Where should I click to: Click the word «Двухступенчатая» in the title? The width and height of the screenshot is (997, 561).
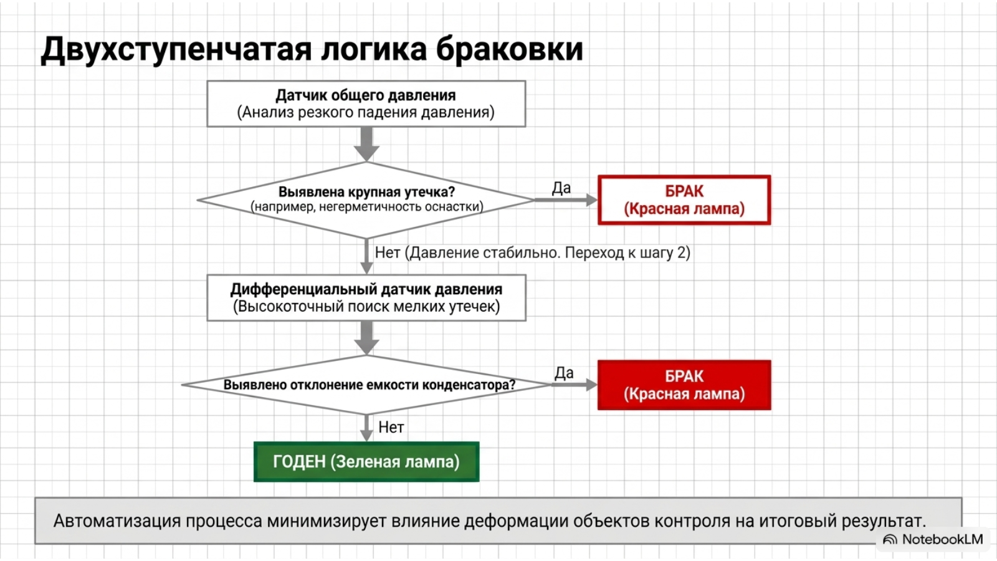pyautogui.click(x=176, y=50)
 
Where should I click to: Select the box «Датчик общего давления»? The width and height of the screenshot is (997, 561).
pyautogui.click(x=366, y=103)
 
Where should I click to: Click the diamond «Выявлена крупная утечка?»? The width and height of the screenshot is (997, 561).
pyautogui.click(x=366, y=200)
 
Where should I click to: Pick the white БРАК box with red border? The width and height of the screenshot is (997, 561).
pyautogui.click(x=684, y=200)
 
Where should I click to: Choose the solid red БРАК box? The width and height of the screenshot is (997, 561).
pyautogui.click(x=684, y=385)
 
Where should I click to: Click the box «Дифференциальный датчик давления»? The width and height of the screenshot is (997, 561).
pyautogui.click(x=366, y=298)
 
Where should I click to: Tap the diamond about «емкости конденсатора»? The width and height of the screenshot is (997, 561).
pyautogui.click(x=366, y=385)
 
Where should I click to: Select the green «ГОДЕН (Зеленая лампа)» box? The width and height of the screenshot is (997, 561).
pyautogui.click(x=366, y=462)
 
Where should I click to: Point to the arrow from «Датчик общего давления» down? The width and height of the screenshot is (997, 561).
pyautogui.click(x=367, y=144)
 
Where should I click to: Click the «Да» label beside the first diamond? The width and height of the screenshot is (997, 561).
pyautogui.click(x=561, y=188)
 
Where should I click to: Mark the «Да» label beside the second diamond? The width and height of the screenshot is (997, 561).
pyautogui.click(x=564, y=373)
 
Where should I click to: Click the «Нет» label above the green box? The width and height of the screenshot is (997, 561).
pyautogui.click(x=391, y=428)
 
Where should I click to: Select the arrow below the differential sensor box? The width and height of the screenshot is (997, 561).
pyautogui.click(x=367, y=338)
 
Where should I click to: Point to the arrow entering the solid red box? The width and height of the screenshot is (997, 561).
pyautogui.click(x=575, y=385)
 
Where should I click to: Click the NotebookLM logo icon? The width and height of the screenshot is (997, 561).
pyautogui.click(x=890, y=540)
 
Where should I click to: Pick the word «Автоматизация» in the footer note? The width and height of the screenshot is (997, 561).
pyautogui.click(x=117, y=521)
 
